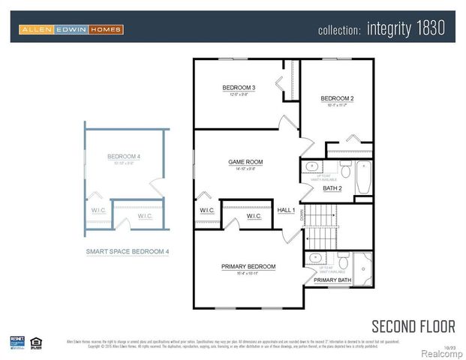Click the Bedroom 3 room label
coord(239,88)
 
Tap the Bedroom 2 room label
coord(337,99)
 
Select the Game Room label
coord(245,161)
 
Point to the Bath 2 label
coord(332,188)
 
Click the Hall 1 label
coord(286,211)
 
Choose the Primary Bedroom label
coord(248,266)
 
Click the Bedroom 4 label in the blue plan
coord(124,157)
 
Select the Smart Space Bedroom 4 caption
coord(127,252)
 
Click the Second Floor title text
coord(413,325)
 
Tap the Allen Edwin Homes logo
coord(71,29)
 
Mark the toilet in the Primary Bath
coord(343,263)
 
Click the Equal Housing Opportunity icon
coord(36,343)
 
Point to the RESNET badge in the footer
coord(17,343)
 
